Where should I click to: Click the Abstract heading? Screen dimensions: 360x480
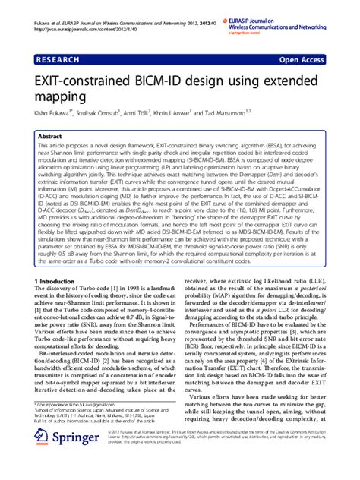[x=52, y=137]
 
